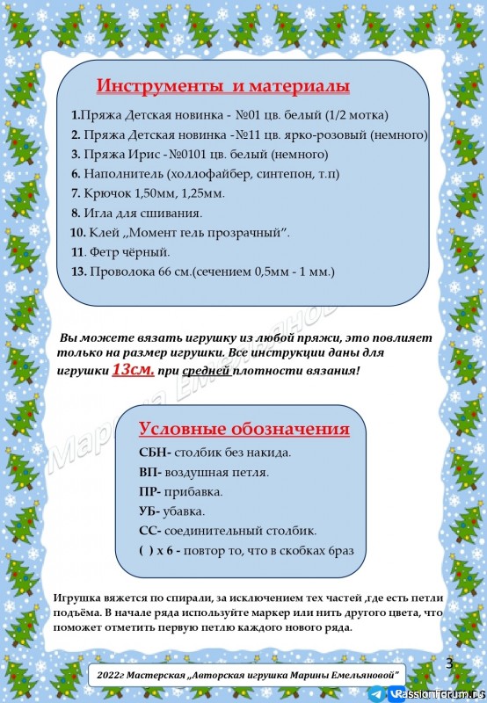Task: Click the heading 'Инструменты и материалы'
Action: tap(223, 86)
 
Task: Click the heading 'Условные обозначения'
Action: tap(244, 429)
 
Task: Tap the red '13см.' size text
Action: tap(133, 370)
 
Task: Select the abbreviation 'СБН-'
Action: tap(156, 453)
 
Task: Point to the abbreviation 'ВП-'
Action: tap(151, 472)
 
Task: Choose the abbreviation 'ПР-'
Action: tap(151, 491)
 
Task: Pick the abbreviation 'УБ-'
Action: tap(150, 511)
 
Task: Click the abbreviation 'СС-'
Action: tap(150, 531)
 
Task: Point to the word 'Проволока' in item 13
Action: tap(120, 272)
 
